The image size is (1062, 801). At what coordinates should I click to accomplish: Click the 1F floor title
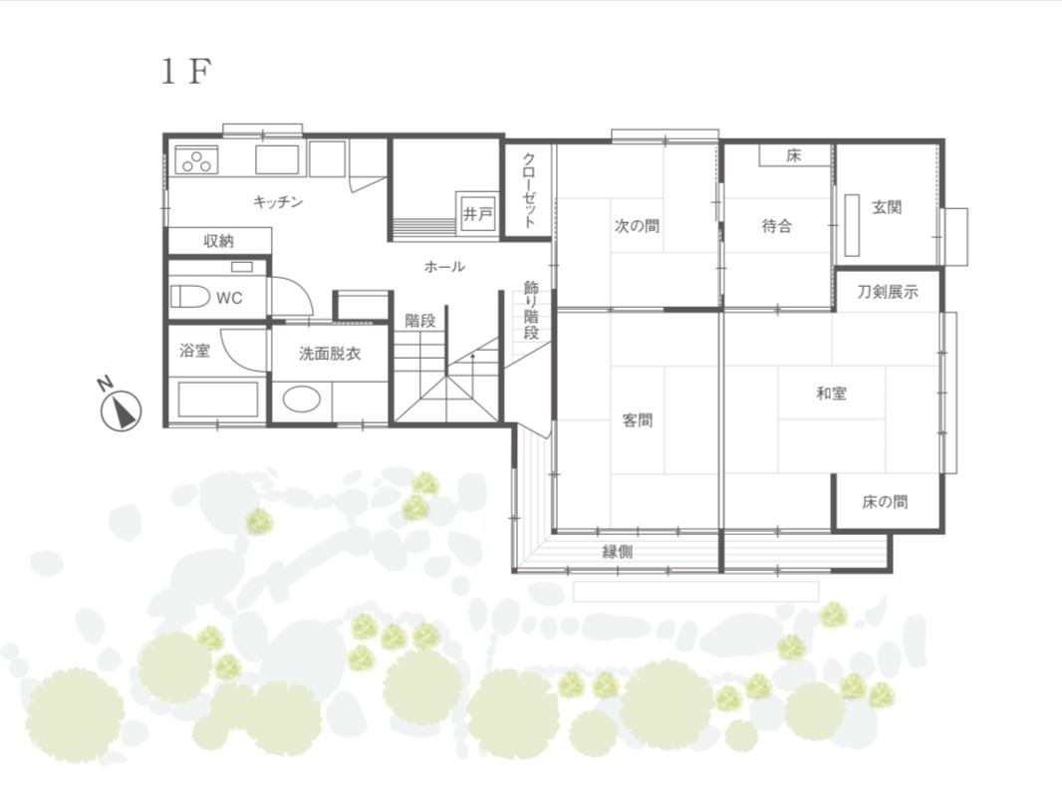click(186, 71)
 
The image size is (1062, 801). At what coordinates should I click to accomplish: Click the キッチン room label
click(278, 201)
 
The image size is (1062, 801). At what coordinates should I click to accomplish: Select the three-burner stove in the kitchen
click(196, 160)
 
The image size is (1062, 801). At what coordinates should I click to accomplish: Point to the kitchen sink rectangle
click(277, 159)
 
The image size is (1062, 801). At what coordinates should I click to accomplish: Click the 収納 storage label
click(219, 241)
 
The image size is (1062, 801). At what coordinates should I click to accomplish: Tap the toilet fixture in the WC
click(189, 296)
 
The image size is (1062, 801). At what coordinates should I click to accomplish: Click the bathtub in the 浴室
click(218, 400)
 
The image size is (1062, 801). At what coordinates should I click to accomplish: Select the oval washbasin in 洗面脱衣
click(302, 399)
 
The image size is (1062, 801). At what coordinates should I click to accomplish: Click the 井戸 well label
click(478, 214)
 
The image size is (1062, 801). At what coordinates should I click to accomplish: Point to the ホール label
click(444, 267)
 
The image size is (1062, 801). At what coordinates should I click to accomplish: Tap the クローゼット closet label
click(530, 191)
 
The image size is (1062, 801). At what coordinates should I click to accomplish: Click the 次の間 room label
click(637, 225)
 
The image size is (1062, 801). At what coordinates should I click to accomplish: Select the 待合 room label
click(777, 225)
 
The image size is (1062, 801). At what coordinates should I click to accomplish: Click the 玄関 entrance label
click(887, 207)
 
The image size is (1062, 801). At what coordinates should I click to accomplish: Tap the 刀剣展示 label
click(888, 293)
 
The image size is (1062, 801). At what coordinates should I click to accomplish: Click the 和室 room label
click(831, 394)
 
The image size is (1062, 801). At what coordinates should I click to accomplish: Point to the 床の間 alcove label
click(885, 502)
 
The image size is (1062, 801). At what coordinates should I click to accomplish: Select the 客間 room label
click(638, 420)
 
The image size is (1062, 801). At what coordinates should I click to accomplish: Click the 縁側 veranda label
click(617, 552)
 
